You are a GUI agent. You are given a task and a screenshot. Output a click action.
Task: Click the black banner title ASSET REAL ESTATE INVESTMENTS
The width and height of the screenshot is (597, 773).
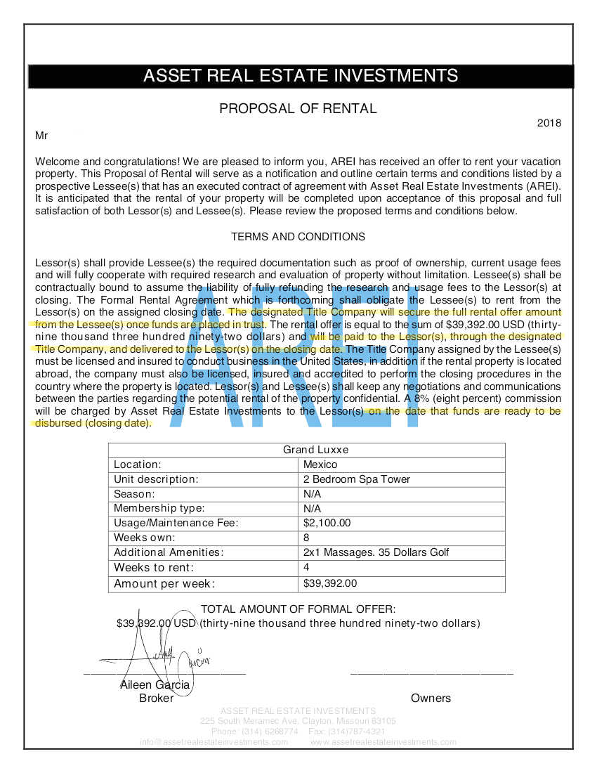click(301, 76)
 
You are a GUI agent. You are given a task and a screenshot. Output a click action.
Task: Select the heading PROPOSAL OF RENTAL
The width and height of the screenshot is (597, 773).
click(298, 108)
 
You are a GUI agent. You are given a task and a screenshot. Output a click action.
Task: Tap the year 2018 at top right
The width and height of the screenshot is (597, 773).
click(549, 123)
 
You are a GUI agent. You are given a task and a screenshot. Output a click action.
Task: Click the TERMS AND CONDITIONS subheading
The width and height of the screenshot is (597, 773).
click(298, 237)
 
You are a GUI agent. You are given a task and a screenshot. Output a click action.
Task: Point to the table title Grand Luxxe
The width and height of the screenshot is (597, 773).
click(306, 450)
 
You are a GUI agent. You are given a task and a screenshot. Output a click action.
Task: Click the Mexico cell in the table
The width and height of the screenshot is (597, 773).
click(320, 465)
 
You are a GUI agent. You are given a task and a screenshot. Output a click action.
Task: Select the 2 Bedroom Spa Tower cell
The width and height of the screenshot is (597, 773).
click(357, 479)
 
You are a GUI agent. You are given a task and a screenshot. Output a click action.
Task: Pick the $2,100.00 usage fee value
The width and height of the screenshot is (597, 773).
click(327, 523)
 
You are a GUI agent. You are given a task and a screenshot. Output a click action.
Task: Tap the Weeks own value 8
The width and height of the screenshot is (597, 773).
click(306, 538)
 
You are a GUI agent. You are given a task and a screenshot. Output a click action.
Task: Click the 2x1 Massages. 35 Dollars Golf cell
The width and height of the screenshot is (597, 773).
click(376, 552)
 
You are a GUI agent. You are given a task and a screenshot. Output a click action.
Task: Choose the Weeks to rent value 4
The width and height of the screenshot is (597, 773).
click(306, 567)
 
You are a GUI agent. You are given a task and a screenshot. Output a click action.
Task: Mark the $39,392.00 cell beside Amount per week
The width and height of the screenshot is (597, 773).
click(330, 583)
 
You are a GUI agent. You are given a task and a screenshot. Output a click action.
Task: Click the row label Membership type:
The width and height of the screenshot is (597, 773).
click(159, 508)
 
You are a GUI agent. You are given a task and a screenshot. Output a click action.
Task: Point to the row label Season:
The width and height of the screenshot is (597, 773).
click(134, 494)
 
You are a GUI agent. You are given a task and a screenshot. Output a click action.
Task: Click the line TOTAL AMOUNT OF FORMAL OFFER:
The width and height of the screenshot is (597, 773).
click(298, 609)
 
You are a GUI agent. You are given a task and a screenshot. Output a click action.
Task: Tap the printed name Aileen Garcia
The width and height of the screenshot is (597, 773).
click(155, 685)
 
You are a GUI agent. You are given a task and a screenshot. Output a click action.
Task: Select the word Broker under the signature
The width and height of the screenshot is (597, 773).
click(156, 698)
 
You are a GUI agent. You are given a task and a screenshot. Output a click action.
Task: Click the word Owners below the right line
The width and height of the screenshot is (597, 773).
click(431, 698)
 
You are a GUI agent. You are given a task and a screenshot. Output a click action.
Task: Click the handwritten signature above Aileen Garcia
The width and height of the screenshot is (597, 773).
click(151, 650)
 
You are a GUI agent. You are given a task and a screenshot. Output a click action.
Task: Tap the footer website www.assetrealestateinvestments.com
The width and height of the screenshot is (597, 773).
click(383, 742)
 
